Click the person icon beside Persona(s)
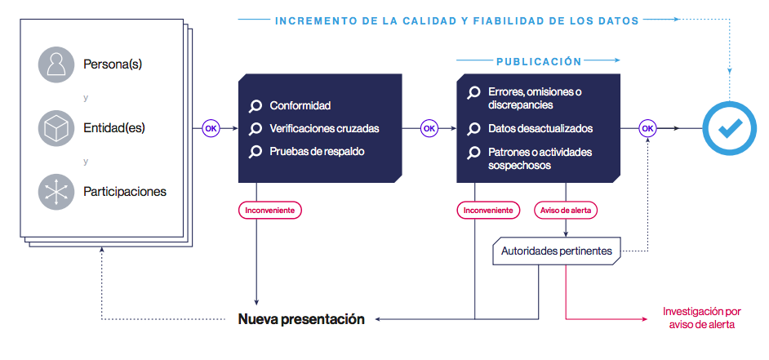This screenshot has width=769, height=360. [x=56, y=64]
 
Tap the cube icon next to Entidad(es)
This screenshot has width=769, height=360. [x=56, y=128]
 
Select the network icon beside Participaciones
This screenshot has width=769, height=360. [x=56, y=192]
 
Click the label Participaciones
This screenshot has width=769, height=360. [x=125, y=192]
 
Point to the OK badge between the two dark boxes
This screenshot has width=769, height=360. [x=429, y=128]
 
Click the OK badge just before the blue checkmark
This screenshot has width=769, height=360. [x=647, y=128]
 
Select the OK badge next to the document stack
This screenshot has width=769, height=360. [x=211, y=128]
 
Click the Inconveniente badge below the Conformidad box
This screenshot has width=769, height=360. [x=270, y=210]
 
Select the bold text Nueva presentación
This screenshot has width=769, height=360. [x=301, y=319]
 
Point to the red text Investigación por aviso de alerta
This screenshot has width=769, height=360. [x=700, y=318]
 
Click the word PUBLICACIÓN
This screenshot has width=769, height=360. [x=539, y=61]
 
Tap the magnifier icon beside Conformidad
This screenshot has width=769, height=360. [x=256, y=106]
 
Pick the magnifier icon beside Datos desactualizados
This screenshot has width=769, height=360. [x=473, y=129]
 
